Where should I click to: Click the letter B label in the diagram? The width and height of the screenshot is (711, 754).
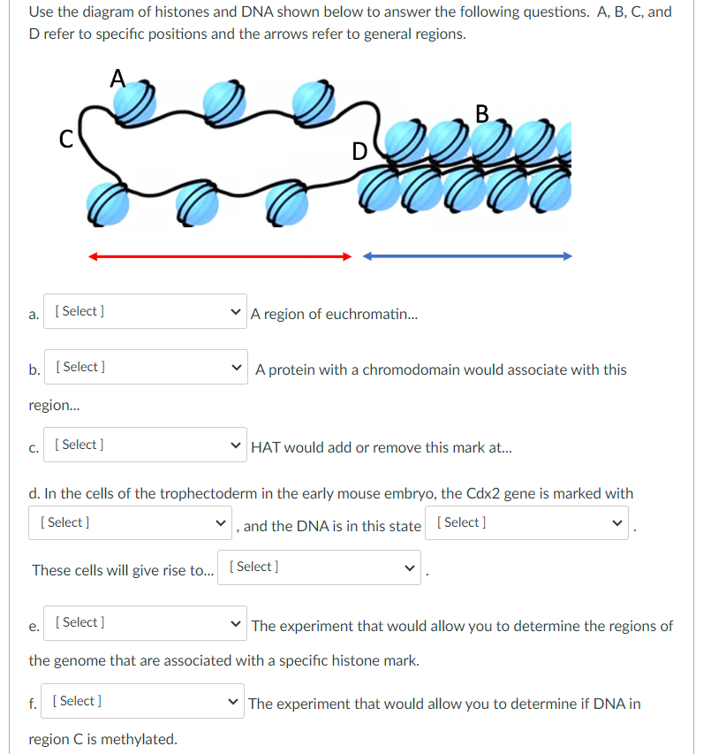[x=481, y=114]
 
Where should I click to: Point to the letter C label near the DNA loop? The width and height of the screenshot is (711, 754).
[x=64, y=140]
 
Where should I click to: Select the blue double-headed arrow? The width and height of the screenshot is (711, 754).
[x=467, y=256]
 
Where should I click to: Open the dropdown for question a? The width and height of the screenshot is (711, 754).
[x=143, y=311]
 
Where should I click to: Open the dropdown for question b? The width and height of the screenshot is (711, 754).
[x=143, y=367]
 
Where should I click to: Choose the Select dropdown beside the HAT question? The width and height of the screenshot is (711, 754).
[x=143, y=445]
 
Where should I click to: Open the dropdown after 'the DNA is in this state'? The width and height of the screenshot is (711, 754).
[x=526, y=522]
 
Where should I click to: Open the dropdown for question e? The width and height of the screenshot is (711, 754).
[x=143, y=622]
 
